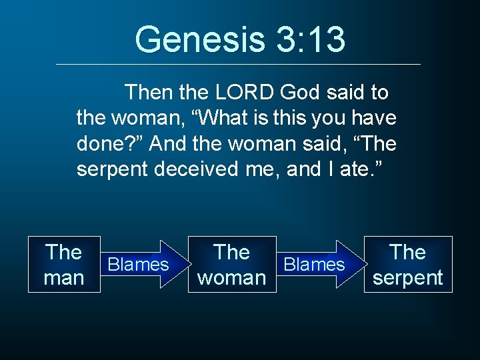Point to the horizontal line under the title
(x=239, y=64)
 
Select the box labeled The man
(x=64, y=264)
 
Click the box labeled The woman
(x=231, y=264)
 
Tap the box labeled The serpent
(x=407, y=264)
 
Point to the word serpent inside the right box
(x=407, y=277)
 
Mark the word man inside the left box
(x=64, y=277)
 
